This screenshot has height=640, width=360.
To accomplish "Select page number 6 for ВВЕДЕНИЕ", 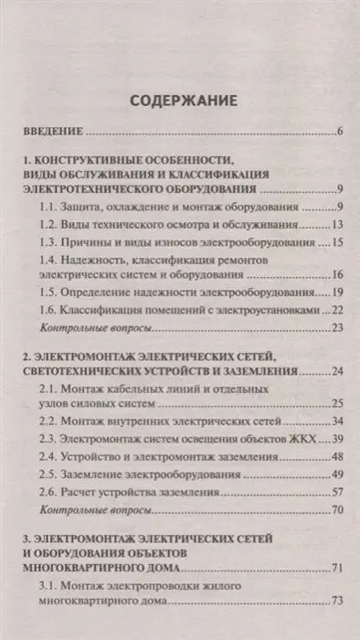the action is pos(339,133).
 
